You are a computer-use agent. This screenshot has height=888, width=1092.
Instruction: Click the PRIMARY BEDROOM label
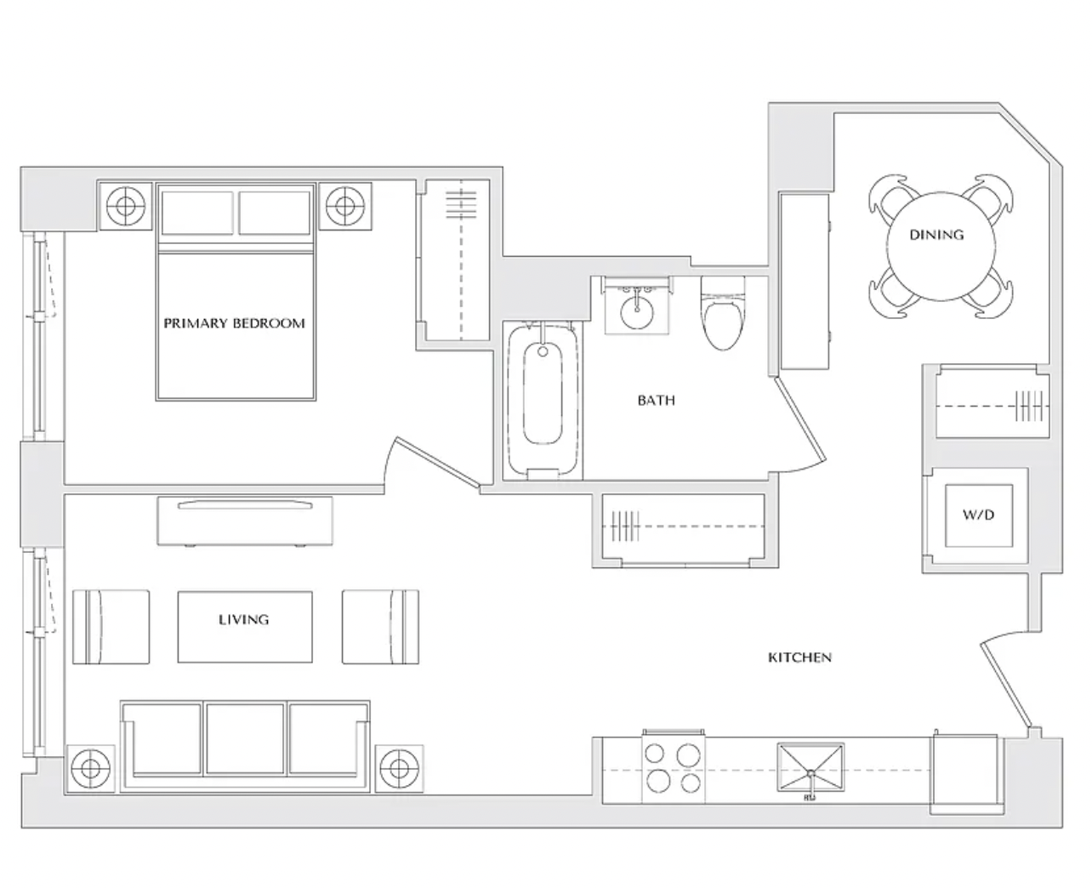[x=234, y=323]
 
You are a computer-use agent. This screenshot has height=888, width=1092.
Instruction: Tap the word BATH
[x=657, y=400]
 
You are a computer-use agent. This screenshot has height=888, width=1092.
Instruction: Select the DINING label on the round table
[x=936, y=235]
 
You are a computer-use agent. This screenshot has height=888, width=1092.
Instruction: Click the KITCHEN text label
[x=799, y=657]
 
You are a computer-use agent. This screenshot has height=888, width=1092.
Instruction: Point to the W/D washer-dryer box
[x=979, y=515]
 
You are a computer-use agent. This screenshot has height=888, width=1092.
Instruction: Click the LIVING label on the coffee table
[x=243, y=619]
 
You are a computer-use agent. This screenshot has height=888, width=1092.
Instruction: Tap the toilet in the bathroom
[x=722, y=313]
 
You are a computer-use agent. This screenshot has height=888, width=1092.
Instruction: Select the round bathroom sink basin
[x=637, y=310]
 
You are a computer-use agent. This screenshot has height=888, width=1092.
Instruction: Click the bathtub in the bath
[x=543, y=400]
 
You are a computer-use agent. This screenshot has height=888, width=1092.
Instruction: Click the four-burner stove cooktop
[x=673, y=770]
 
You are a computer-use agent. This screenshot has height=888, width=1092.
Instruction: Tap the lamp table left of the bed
[x=125, y=206]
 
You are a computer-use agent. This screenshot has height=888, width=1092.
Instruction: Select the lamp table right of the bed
[x=345, y=206]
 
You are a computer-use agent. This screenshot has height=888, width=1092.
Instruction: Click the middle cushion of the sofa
[x=245, y=739]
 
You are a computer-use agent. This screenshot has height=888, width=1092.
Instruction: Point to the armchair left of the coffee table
[x=111, y=627]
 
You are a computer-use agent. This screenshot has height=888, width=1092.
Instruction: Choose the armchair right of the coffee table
[x=380, y=627]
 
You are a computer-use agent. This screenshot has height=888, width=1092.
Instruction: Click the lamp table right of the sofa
[x=399, y=769]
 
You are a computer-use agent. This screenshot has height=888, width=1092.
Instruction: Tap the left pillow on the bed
[x=197, y=213]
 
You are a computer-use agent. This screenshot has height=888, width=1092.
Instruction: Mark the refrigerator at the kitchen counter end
[x=966, y=774]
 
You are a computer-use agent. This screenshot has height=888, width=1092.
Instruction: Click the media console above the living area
[x=245, y=521]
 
